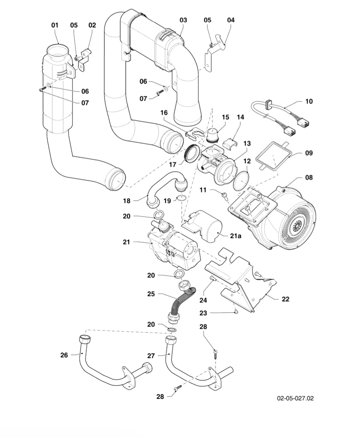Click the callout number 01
coord(54,26)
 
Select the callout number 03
coord(183,20)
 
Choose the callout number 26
coord(63,355)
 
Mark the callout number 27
coord(151,355)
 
